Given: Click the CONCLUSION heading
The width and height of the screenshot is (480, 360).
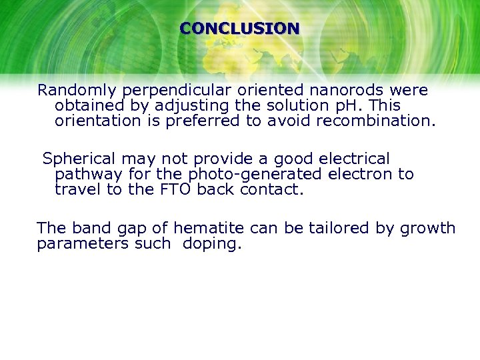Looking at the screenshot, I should [239, 29].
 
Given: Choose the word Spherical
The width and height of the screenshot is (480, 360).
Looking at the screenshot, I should [79, 159].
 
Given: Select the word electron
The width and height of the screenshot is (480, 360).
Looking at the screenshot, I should [363, 175].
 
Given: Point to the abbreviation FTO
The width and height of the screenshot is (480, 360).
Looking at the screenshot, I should [176, 190].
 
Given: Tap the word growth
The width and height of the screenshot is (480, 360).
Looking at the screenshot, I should [427, 228].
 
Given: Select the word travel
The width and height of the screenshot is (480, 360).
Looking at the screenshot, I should [76, 190].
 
